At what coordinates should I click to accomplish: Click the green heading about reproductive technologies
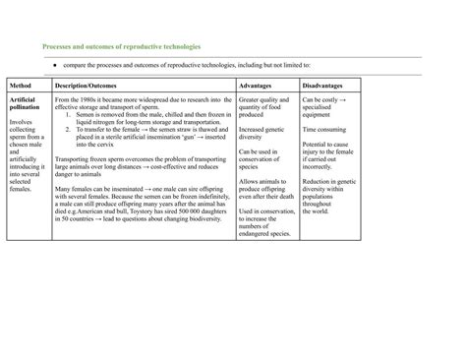pyautogui.click(x=121, y=46)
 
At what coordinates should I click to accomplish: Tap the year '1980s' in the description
pyautogui.click(x=99, y=100)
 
